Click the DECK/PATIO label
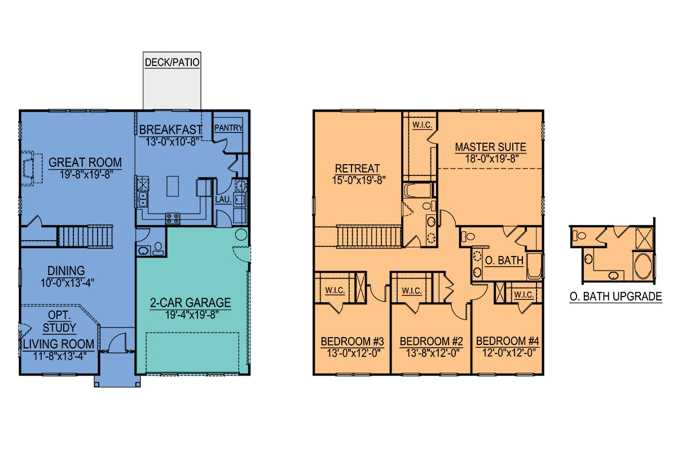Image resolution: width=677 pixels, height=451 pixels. tap(172, 62)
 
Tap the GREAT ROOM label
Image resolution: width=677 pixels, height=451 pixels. tap(85, 162)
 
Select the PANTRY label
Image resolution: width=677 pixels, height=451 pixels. tap(228, 128)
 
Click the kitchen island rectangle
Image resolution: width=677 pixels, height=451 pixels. tap(173, 187)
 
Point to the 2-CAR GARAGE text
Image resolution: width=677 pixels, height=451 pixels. tap(191, 303)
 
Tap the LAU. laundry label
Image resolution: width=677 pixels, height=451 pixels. tap(223, 200)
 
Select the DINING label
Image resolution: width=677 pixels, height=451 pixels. tap(66, 271)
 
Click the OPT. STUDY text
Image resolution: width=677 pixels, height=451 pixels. tap(59, 321)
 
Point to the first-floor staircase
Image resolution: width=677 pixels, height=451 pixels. tap(85, 237)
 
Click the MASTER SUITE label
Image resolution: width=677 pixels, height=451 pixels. tap(490, 147)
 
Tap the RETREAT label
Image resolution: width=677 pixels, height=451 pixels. tap(357, 169)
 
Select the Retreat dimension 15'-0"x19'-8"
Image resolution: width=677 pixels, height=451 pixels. tap(359, 180)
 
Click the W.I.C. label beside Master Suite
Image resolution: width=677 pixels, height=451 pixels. tap(422, 125)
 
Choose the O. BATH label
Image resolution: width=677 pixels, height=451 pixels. tap(504, 260)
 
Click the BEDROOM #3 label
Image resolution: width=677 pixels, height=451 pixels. tap(353, 341)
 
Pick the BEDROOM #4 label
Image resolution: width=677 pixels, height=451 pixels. tap(507, 341)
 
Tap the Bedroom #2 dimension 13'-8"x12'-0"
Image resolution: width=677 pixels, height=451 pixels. tap(433, 353)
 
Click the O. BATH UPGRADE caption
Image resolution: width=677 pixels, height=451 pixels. tap(616, 297)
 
